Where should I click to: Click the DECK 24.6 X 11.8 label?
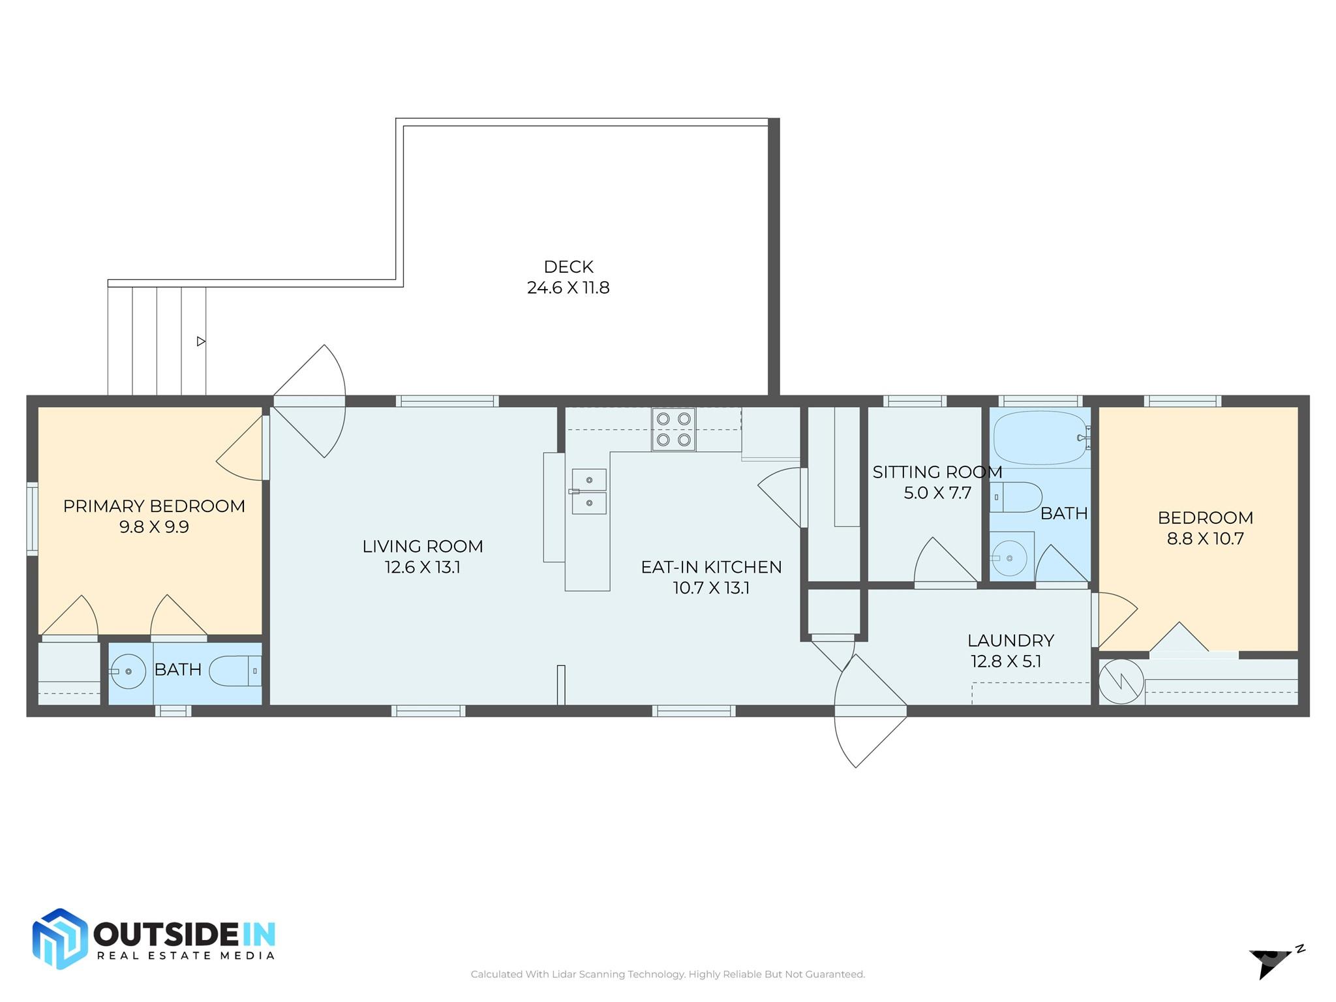tap(568, 277)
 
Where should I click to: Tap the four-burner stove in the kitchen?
tap(673, 429)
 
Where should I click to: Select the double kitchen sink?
tap(589, 491)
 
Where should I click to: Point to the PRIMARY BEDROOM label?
tap(154, 506)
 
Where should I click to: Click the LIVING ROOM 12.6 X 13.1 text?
tap(423, 556)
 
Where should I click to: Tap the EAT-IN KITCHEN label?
tap(711, 567)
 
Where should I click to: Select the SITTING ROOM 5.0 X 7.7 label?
tap(937, 482)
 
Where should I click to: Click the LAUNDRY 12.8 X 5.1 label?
tap(1010, 650)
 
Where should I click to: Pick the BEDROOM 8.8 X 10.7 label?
tap(1205, 528)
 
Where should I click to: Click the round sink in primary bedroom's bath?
tap(128, 671)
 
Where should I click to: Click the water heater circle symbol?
tap(1121, 682)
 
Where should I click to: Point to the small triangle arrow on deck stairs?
tap(201, 341)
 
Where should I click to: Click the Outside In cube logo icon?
tap(59, 939)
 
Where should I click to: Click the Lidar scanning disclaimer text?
tap(667, 974)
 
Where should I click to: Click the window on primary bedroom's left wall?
tap(32, 519)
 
